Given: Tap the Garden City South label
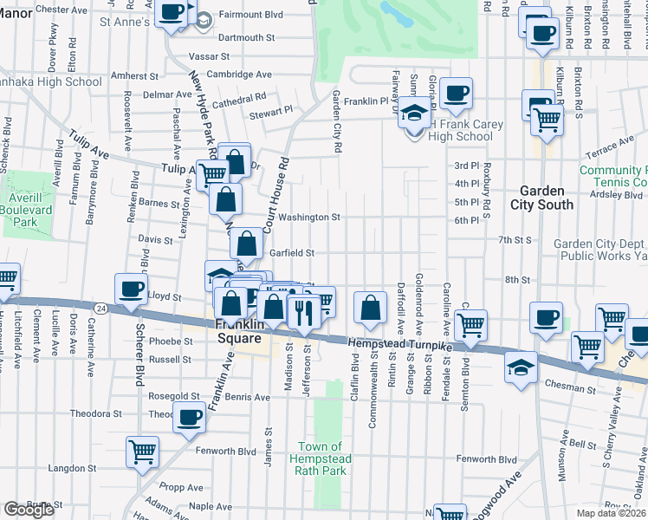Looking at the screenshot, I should tap(546, 198).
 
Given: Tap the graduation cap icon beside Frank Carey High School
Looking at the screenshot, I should tap(416, 114).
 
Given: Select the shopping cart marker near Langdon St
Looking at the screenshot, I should tap(142, 451).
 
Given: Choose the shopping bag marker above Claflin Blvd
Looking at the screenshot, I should tap(370, 309).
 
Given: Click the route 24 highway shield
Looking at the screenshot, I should tap(101, 308).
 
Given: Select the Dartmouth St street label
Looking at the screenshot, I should tap(246, 38).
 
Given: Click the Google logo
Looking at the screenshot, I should tap(29, 510).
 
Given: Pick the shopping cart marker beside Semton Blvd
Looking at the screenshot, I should tap(471, 325).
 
